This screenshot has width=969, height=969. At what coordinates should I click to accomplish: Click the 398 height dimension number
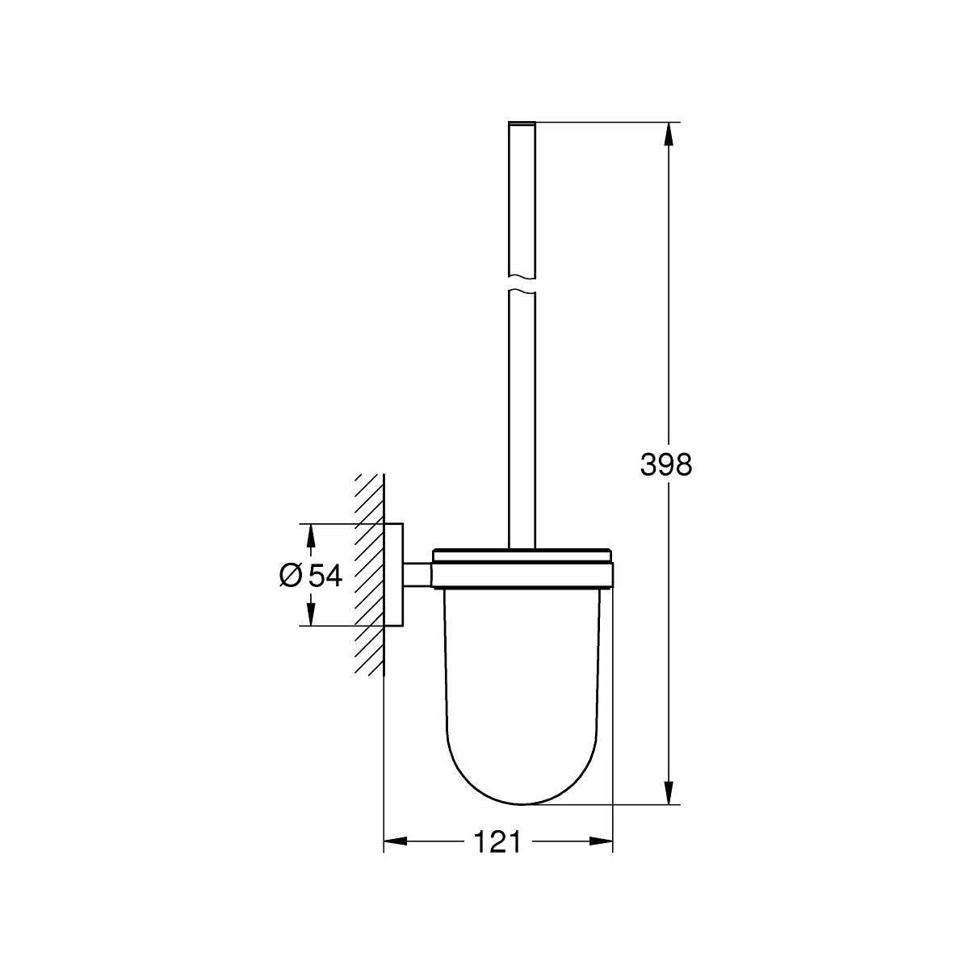pos(665,464)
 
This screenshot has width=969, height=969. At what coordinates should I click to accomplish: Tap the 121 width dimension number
pos(497,841)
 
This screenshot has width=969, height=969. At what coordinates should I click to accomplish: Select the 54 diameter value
pos(325,576)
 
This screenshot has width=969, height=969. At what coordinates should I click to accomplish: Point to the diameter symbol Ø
pos(291,576)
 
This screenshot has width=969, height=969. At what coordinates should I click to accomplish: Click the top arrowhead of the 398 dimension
pos(668,134)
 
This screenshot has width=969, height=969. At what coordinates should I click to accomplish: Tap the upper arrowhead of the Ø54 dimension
pos(311,536)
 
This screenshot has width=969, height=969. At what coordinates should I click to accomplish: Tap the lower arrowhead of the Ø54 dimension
pos(311,614)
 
